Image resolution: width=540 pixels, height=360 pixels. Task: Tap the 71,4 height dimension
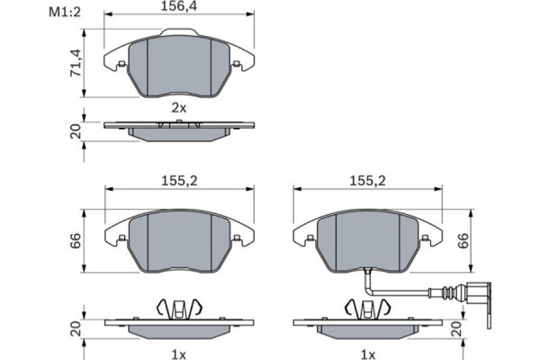point(76,63)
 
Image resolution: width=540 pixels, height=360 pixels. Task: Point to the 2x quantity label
point(179,108)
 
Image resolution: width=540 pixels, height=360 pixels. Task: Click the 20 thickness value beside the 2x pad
point(76,133)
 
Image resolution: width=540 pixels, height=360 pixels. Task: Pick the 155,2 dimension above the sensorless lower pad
point(180,181)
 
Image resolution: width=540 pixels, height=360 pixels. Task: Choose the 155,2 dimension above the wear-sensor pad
point(367,181)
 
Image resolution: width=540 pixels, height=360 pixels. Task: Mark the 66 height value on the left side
point(76,241)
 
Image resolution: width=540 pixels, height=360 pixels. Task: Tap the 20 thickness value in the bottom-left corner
point(76,331)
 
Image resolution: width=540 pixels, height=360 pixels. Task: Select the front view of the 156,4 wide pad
point(179,66)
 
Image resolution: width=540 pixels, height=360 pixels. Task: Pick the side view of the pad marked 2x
point(179,130)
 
